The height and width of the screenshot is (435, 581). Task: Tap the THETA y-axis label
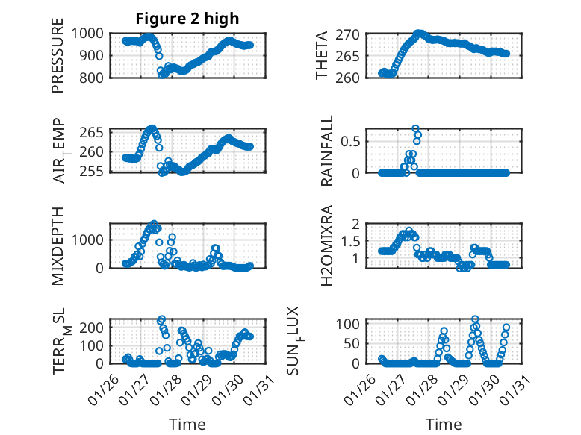coord(323,55)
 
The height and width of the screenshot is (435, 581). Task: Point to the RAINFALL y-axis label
coord(326,151)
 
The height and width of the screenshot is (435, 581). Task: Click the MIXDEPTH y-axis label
coord(58,246)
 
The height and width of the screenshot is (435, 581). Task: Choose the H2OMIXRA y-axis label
coord(326,246)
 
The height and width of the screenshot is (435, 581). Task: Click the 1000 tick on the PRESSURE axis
coord(92,34)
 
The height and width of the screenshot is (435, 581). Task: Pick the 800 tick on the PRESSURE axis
coord(96,77)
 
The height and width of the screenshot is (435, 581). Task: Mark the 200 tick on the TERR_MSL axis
coord(96,327)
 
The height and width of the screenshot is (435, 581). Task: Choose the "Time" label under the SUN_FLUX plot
coord(444,424)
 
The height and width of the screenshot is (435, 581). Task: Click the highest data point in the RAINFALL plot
coord(415,128)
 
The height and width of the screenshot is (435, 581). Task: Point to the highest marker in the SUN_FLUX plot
coord(475,319)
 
